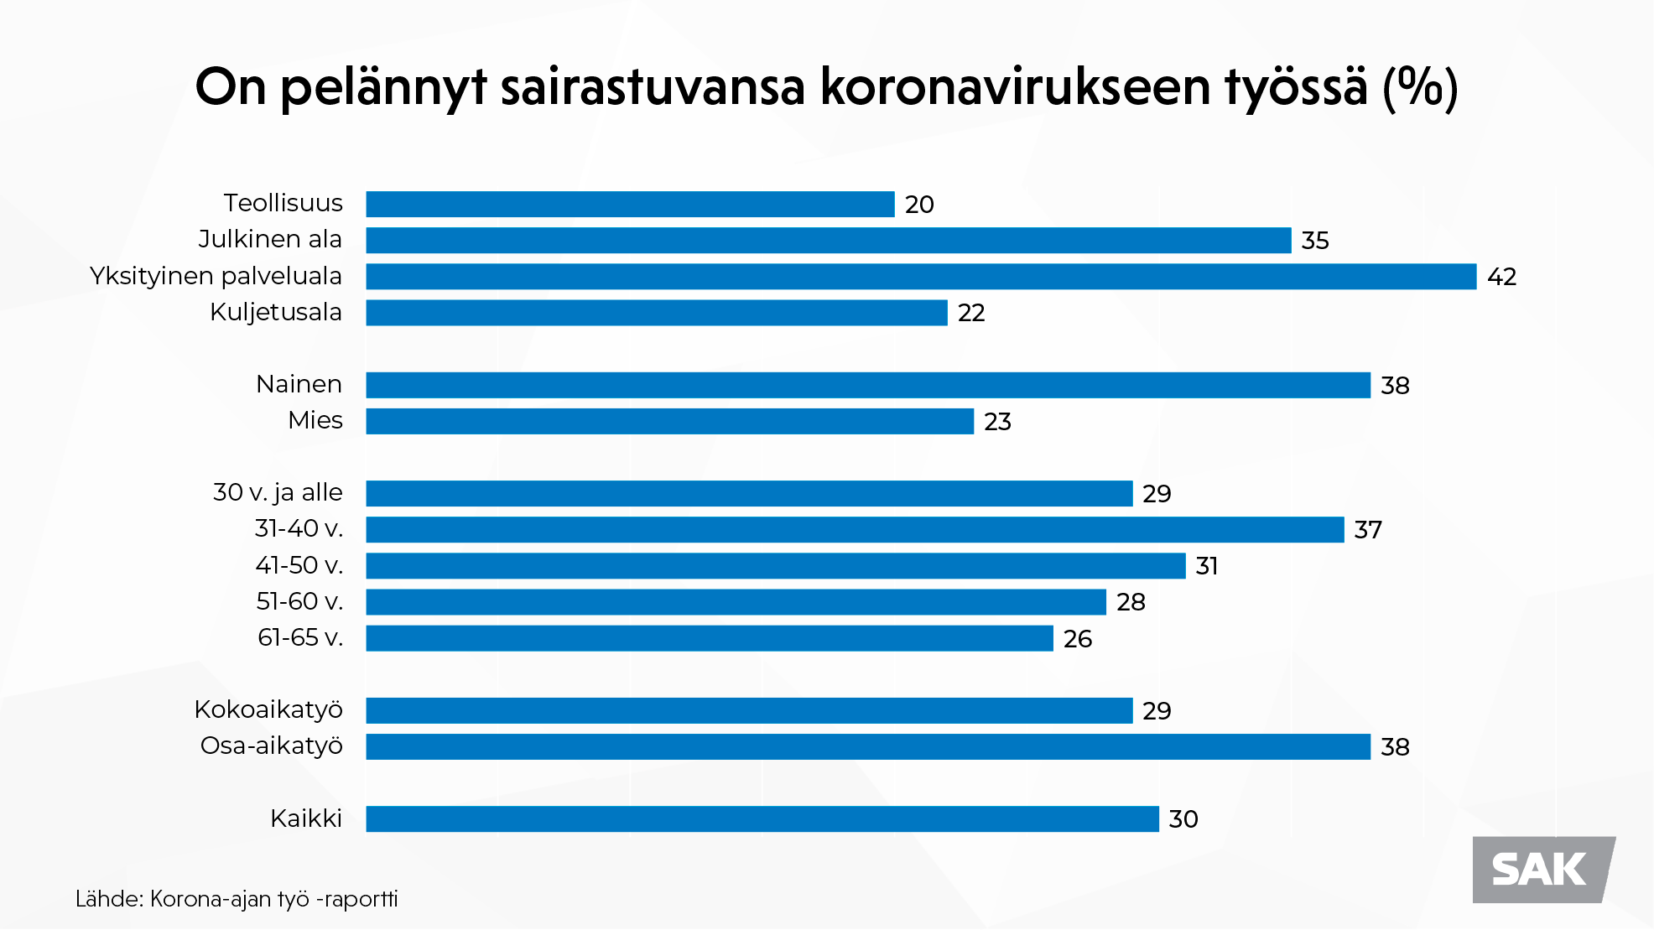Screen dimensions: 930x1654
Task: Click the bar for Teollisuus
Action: pos(630,204)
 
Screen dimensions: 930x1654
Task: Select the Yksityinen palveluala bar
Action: pos(921,277)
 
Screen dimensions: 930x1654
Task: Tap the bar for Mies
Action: pos(669,421)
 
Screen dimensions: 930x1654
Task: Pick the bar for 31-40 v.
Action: pos(855,530)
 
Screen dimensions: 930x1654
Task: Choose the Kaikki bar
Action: pos(762,819)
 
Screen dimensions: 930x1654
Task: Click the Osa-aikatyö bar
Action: pos(868,746)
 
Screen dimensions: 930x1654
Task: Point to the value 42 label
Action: pos(1501,277)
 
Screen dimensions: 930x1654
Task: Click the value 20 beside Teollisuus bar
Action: pos(919,205)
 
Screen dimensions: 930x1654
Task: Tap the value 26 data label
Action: pos(1078,639)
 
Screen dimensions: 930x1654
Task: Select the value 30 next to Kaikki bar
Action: pos(1183,819)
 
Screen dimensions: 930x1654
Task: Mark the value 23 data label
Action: pos(997,422)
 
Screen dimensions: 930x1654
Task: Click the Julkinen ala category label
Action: pos(270,239)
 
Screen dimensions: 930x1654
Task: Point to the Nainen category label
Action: pos(299,384)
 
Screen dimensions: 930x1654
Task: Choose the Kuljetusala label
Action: pos(276,312)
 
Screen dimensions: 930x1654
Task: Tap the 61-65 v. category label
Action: pos(300,638)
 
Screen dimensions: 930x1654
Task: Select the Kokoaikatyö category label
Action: pos(268,709)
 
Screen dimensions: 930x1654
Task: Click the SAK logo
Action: pos(1542,870)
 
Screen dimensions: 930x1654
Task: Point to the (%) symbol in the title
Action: pos(1420,86)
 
